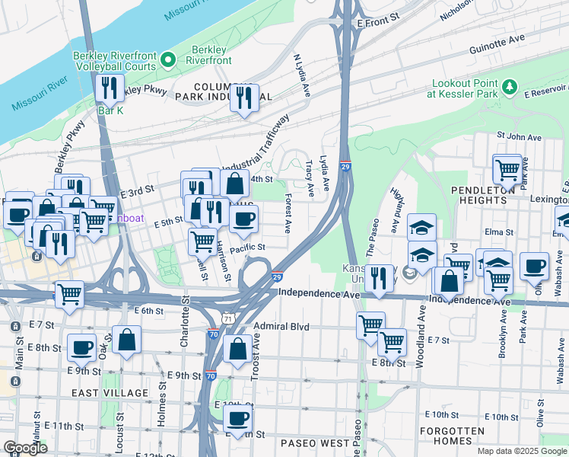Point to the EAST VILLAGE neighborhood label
(110, 392)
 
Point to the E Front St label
(379, 24)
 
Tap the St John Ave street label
(519, 137)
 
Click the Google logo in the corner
(25, 448)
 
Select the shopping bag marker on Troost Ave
(238, 349)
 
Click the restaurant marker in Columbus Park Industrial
(245, 98)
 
